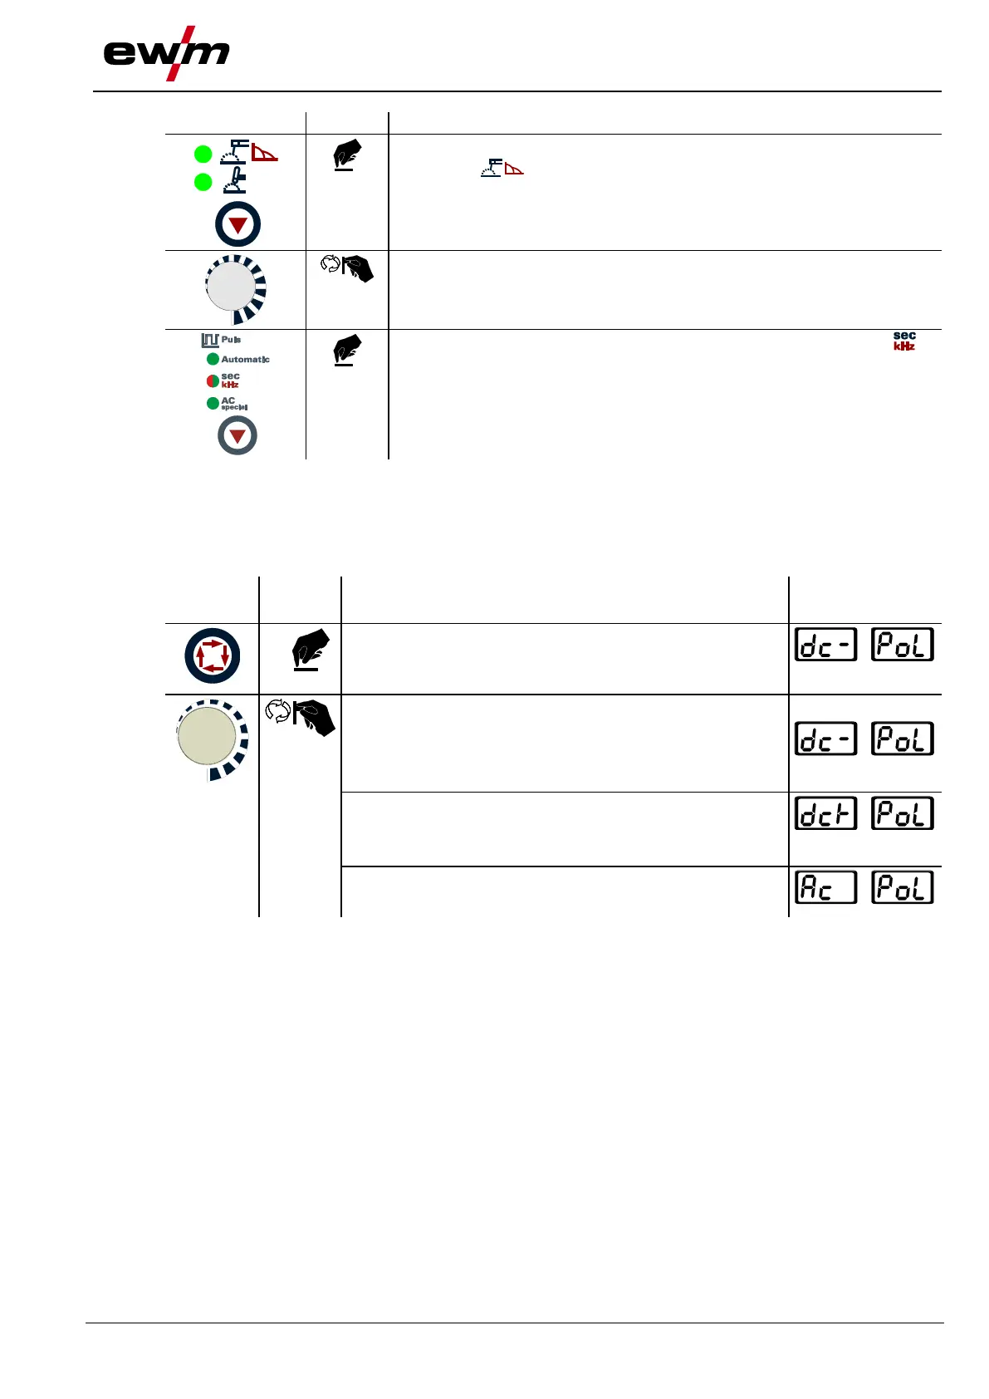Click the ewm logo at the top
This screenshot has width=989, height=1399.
click(166, 53)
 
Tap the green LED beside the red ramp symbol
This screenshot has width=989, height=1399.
click(203, 154)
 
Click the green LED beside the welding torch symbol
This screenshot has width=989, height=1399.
click(203, 181)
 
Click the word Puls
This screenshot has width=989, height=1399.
click(231, 340)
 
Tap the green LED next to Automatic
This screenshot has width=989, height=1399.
click(213, 359)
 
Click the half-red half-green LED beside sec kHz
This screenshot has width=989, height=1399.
click(213, 381)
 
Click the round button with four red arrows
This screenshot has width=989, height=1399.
click(213, 655)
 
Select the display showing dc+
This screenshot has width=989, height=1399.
click(825, 813)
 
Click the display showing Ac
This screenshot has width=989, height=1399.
click(825, 887)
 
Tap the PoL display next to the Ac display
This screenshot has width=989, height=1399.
click(903, 887)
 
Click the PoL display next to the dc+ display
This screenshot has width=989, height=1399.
click(903, 813)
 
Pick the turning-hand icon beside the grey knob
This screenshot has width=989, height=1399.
click(348, 268)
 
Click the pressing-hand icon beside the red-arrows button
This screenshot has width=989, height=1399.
click(310, 649)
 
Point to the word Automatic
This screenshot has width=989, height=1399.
click(245, 360)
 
